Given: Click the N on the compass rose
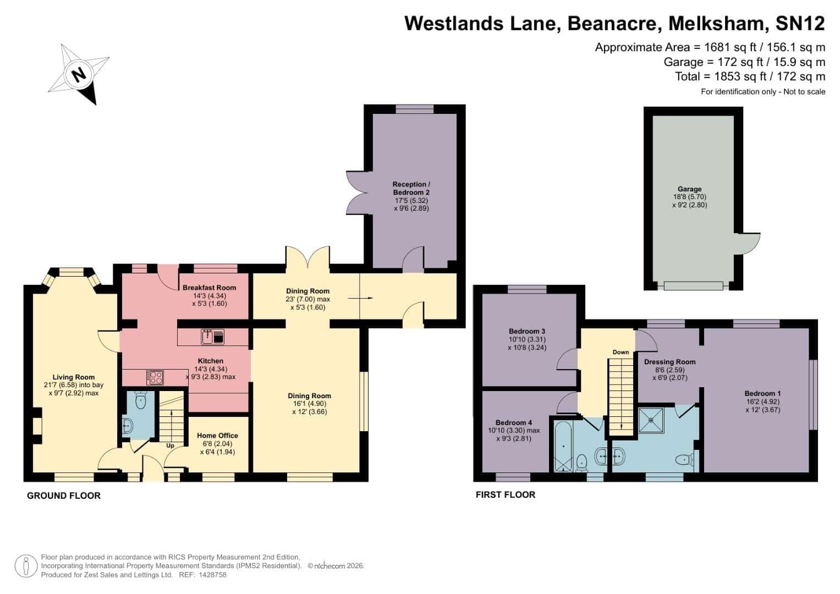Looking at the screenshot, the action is click(x=79, y=75).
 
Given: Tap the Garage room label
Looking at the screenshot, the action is click(x=689, y=189).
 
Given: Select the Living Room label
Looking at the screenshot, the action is click(x=74, y=377).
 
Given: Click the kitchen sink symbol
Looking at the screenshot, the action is click(x=213, y=337).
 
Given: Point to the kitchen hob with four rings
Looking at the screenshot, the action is click(x=155, y=377).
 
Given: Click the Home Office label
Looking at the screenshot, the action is click(x=217, y=436).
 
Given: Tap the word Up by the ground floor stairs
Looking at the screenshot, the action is click(x=170, y=446).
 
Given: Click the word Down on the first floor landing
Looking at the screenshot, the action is click(x=621, y=352).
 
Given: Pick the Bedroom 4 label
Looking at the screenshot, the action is click(x=513, y=422).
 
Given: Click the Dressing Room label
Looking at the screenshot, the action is click(x=670, y=362).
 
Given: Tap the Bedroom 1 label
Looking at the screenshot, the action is click(x=763, y=393).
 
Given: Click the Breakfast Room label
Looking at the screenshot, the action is click(x=209, y=288).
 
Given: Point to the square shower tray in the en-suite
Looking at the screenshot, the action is click(x=651, y=420).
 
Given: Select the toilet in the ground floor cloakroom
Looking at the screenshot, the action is click(x=141, y=401).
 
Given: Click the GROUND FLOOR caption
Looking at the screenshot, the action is click(x=64, y=496).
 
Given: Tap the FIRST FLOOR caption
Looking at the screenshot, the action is click(x=506, y=494).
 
